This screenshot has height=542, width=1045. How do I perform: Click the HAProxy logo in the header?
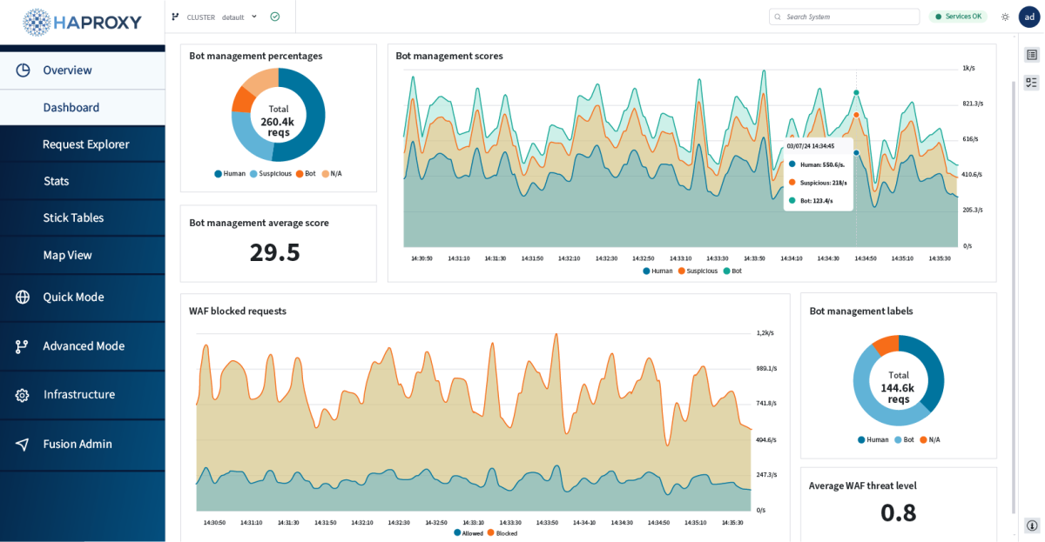click(x=83, y=22)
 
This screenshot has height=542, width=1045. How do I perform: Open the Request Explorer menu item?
click(x=85, y=144)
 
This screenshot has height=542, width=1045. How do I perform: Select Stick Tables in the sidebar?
click(x=73, y=217)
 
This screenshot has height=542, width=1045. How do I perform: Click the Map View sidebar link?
click(x=67, y=255)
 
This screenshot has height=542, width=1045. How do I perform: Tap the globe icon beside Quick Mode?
click(x=23, y=297)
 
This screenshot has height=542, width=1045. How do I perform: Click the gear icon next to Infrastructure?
click(x=23, y=395)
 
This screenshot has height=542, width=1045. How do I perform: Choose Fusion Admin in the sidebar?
click(x=77, y=444)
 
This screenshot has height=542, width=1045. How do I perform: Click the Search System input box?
click(x=845, y=17)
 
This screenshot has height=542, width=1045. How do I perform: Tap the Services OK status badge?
click(x=958, y=17)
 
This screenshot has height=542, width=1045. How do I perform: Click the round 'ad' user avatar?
click(x=1029, y=17)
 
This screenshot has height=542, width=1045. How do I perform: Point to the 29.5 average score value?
click(x=274, y=252)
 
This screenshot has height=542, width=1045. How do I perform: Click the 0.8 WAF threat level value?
click(x=898, y=513)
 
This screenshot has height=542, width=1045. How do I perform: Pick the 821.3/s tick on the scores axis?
click(x=972, y=104)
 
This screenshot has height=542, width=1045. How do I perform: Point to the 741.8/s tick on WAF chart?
click(x=765, y=404)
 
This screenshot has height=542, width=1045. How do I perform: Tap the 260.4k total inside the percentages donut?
click(x=278, y=122)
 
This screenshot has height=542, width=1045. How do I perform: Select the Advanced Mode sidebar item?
click(x=84, y=346)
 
